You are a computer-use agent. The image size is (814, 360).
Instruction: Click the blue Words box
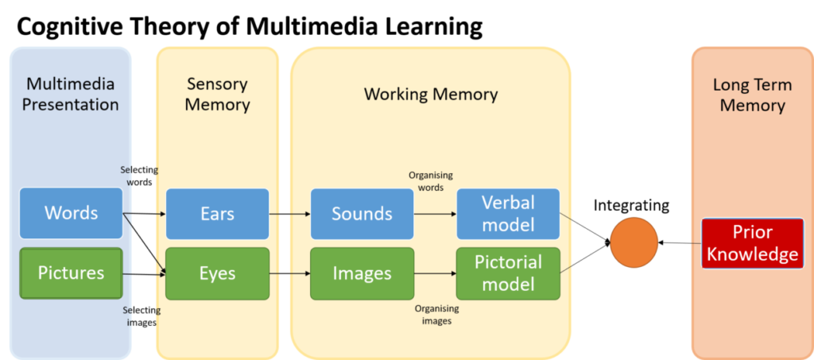coord(71,213)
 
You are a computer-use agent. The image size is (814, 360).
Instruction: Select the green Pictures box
coord(71,273)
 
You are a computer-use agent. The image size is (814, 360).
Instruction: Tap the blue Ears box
coord(217,214)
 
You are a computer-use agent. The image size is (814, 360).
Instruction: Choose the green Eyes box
coord(217,273)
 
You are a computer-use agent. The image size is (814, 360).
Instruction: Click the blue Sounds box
coord(362,214)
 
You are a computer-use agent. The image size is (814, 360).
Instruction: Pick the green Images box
coord(362,273)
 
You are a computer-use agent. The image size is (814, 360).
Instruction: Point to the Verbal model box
coord(508,214)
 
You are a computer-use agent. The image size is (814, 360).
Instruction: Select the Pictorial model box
coord(508,273)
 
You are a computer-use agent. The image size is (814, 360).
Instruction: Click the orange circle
coord(634,242)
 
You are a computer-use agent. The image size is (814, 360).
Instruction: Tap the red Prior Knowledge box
coord(752,243)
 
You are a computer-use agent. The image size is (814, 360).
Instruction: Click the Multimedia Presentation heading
coord(71,94)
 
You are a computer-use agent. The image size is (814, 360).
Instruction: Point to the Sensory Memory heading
coord(217,94)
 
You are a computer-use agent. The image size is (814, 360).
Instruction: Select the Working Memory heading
coord(431,94)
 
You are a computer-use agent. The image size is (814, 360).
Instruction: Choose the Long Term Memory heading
coord(752,94)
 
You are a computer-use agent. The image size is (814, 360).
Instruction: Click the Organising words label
coord(430,180)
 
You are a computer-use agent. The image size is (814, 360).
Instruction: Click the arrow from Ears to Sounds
coord(289,214)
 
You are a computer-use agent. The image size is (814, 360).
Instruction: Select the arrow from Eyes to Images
coord(289,273)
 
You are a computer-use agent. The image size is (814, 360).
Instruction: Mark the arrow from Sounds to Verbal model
coord(435,214)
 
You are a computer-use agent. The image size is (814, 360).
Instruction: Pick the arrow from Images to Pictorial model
coord(435,273)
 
